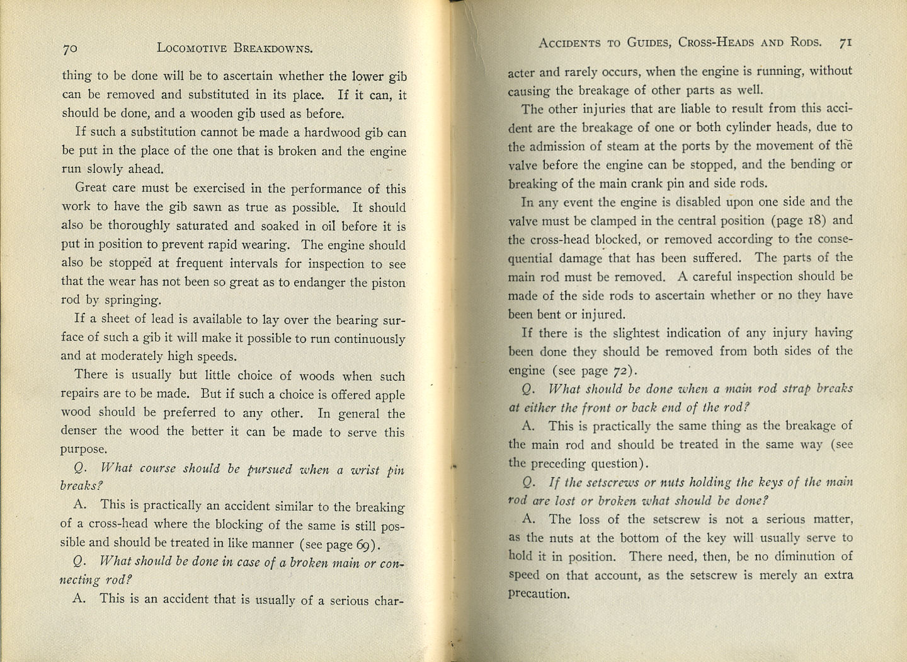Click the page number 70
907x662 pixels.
coord(69,48)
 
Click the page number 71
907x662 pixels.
coord(845,42)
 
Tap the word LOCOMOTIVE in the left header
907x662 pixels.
coord(192,48)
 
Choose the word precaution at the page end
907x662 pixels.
coord(538,594)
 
